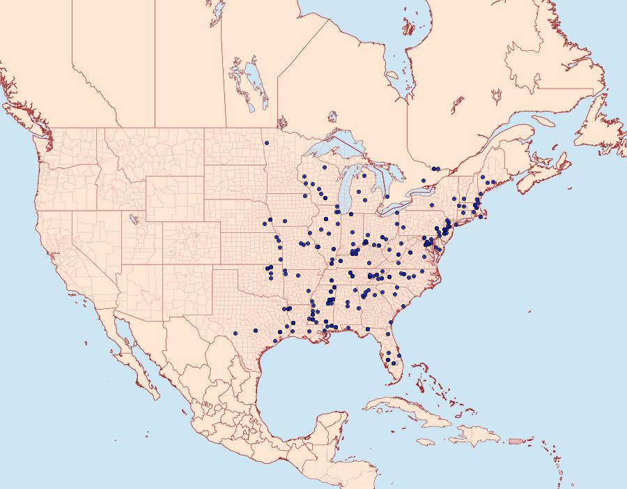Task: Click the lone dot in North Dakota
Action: coord(266,143)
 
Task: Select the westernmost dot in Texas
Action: coord(235,333)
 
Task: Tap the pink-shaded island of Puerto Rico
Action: coord(516,440)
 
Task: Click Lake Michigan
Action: coord(346,192)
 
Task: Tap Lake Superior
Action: coord(334,150)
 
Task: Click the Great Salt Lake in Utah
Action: coord(132,219)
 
